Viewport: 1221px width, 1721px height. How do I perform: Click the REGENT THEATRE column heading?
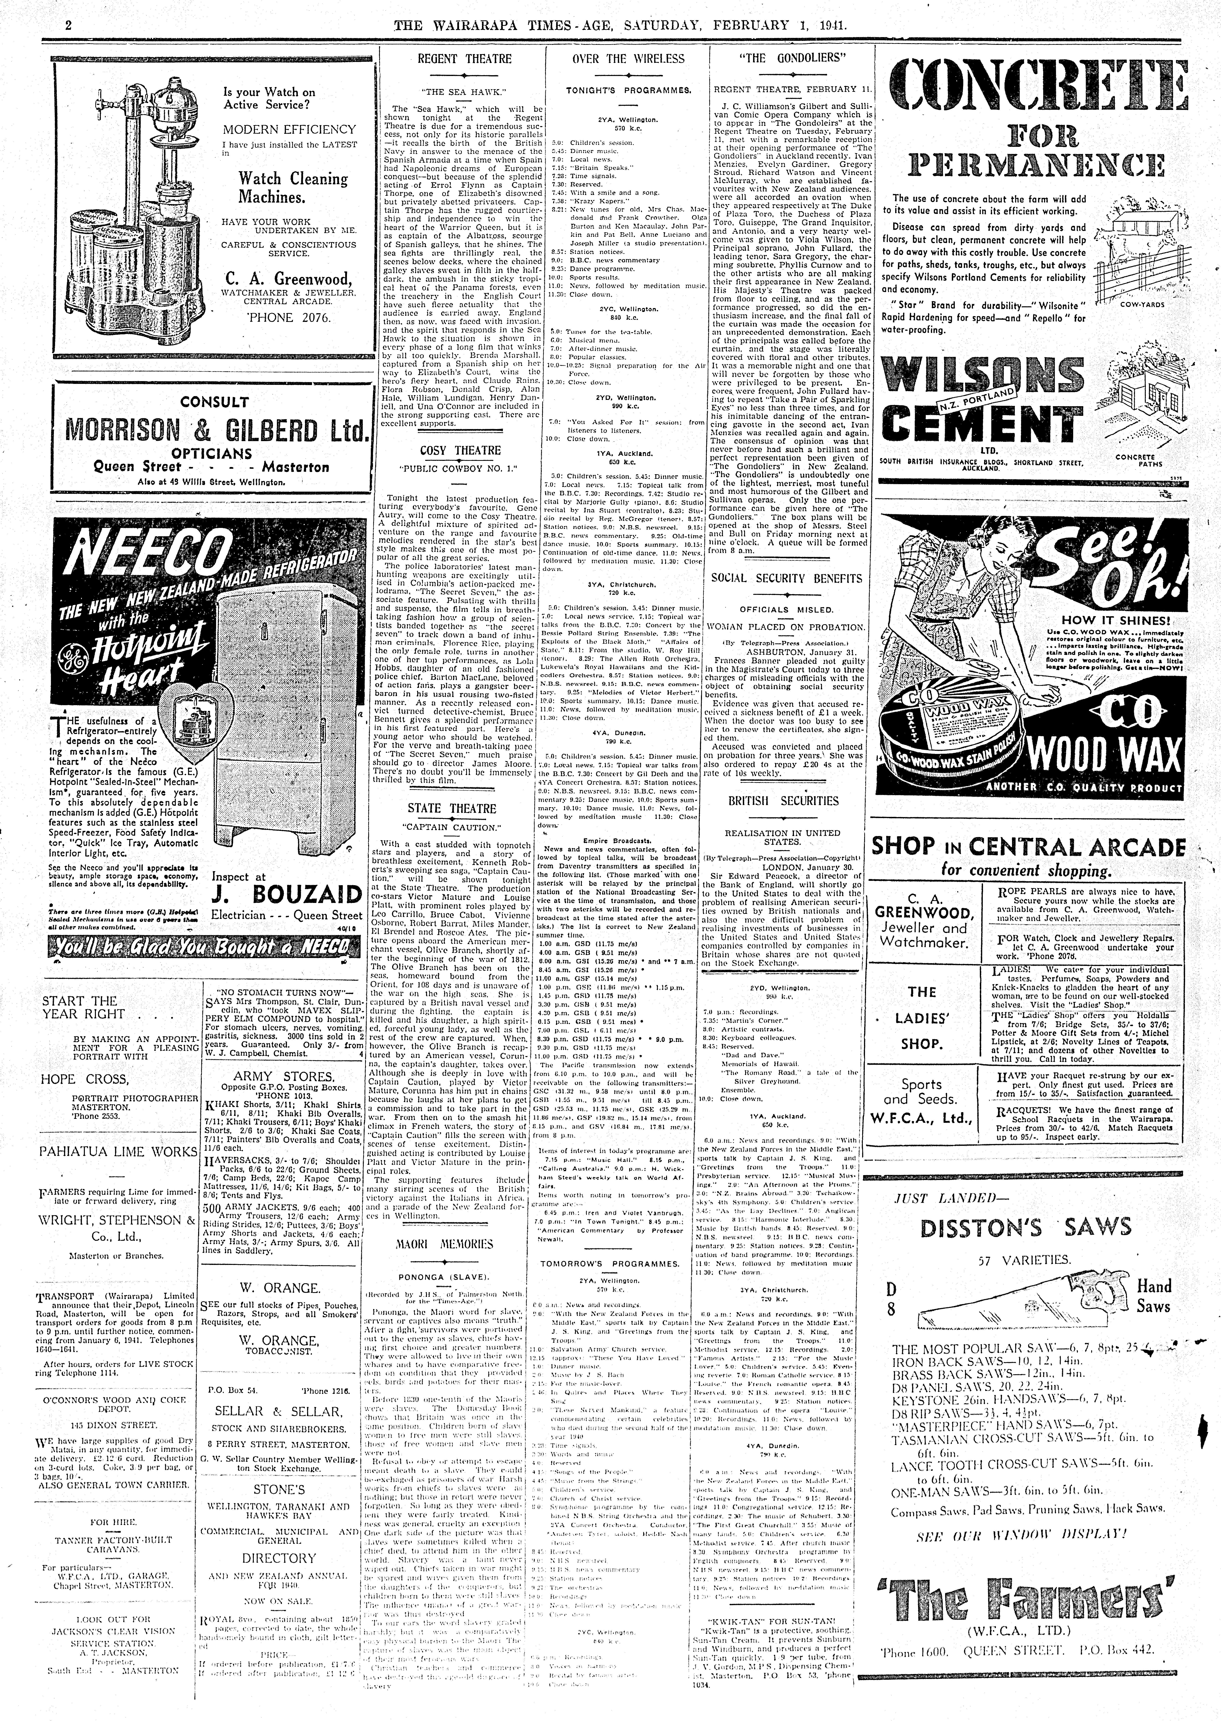coord(464,59)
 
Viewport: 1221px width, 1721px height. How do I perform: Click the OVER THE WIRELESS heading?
coord(629,59)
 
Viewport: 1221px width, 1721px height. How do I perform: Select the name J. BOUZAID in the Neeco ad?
coord(287,895)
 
